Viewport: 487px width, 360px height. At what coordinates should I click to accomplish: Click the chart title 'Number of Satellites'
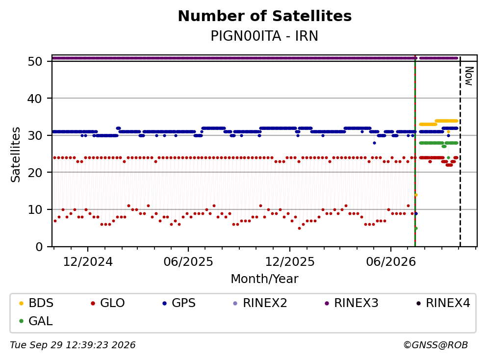point(265,16)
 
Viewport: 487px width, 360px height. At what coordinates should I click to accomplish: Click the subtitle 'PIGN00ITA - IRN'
point(264,36)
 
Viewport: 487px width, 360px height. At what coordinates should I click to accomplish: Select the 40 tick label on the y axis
point(35,99)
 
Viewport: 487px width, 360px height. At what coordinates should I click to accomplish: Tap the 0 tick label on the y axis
point(39,247)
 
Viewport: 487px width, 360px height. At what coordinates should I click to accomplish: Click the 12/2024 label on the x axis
point(88,262)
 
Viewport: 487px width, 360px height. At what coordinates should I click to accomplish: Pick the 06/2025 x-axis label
point(188,262)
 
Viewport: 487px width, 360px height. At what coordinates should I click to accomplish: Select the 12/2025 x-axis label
point(290,262)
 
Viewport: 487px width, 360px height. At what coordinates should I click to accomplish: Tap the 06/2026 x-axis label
point(391,262)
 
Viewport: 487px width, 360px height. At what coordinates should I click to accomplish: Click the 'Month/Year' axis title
point(264,279)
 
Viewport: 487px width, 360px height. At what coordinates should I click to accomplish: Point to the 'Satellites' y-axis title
point(16,154)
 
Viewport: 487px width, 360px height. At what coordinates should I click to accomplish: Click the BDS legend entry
point(36,303)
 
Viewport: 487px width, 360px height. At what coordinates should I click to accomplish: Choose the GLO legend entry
point(108,303)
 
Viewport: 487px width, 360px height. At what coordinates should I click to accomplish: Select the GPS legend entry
point(179,303)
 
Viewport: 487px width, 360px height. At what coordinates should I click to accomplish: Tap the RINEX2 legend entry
point(260,303)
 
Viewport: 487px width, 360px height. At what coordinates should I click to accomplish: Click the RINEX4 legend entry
point(443,303)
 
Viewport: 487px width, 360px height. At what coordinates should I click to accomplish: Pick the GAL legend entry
point(36,321)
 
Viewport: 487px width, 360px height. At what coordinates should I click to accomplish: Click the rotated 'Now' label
point(469,76)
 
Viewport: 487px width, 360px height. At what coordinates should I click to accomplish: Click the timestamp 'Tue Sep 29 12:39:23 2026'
point(73,345)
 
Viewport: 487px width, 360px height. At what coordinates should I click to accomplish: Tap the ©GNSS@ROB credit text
point(436,345)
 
